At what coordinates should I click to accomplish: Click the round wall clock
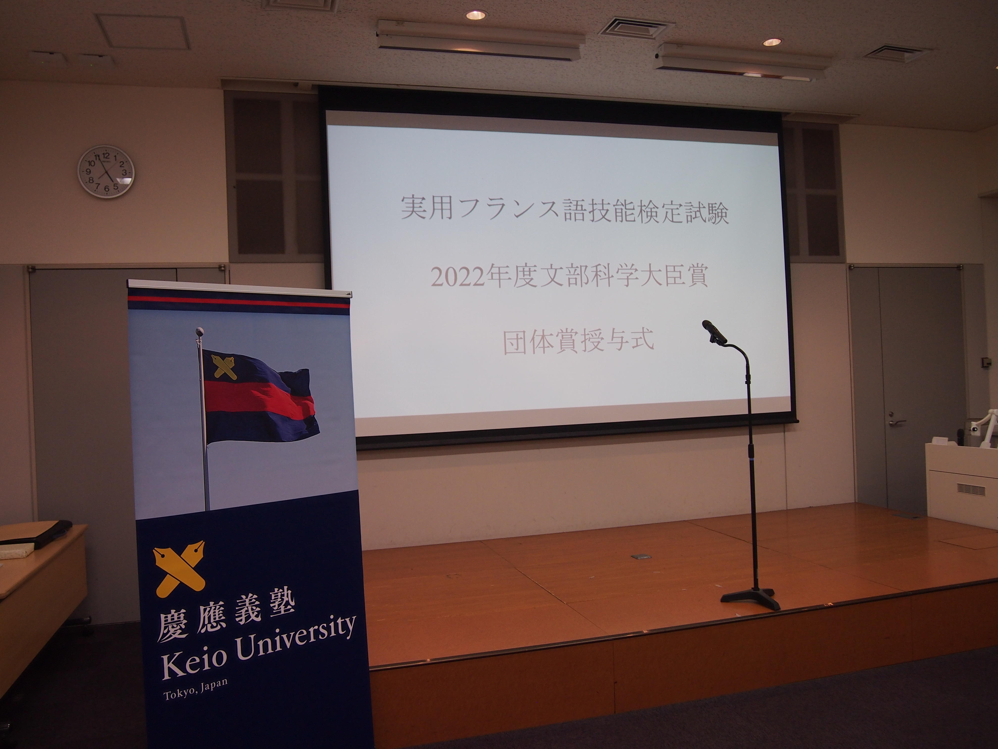(x=106, y=172)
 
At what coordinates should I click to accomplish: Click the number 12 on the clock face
(x=106, y=156)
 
